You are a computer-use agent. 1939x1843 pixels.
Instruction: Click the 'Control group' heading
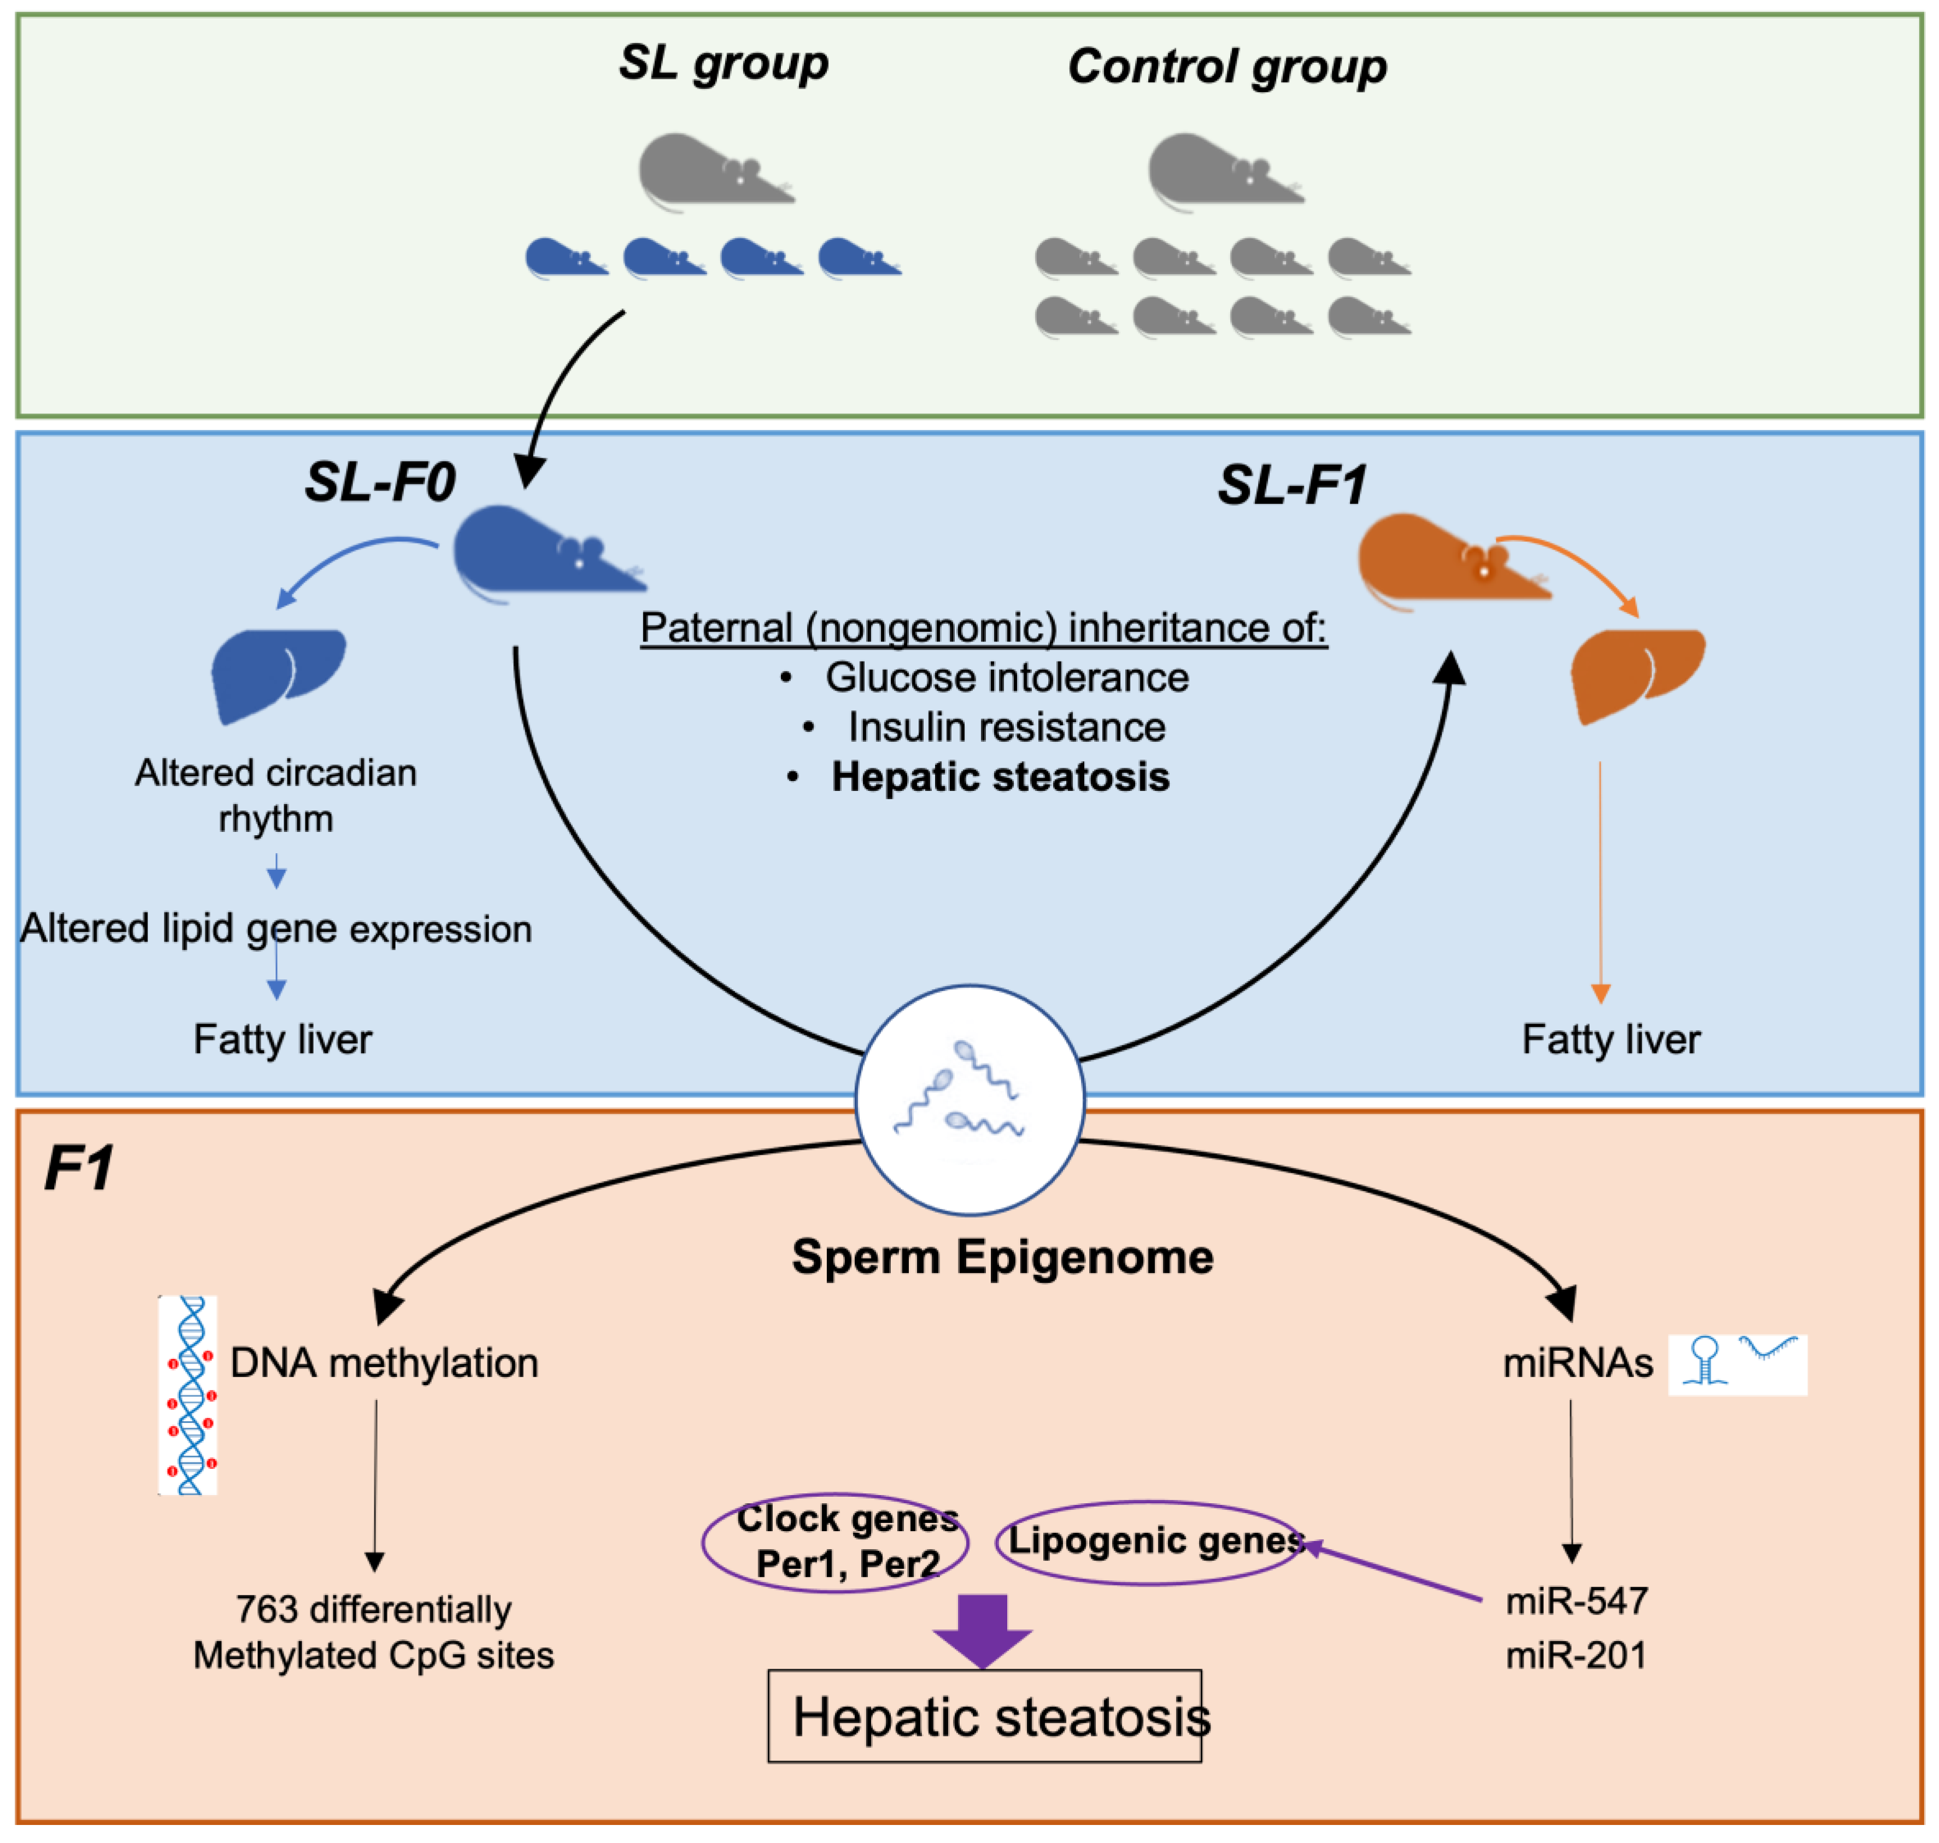(1226, 67)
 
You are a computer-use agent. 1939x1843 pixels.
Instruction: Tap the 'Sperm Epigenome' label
(1002, 1257)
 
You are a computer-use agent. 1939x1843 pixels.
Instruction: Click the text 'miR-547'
(1576, 1602)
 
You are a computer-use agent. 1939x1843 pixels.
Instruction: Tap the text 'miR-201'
(1576, 1655)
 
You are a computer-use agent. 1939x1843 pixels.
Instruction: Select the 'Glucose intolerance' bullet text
(1006, 678)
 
